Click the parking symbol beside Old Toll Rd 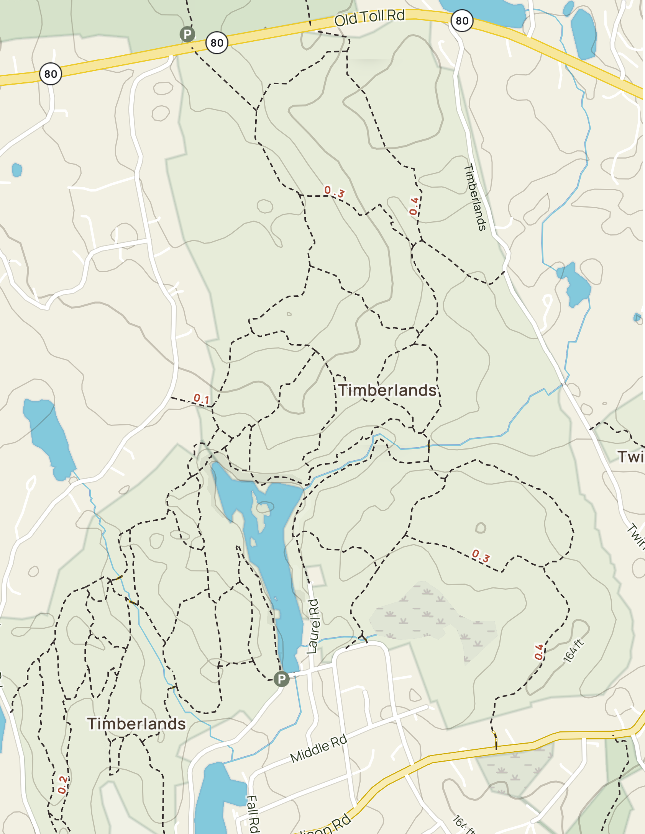[187, 34]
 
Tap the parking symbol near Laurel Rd [281, 679]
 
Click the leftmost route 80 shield [51, 74]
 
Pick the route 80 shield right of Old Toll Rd [462, 21]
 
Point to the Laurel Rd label [313, 626]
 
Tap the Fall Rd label [253, 814]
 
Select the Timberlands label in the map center [387, 391]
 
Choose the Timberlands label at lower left [136, 724]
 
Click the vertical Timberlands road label [475, 197]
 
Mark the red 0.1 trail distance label [201, 399]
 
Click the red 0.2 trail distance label [62, 785]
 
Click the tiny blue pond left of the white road [17, 170]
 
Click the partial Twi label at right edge [631, 457]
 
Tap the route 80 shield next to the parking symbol [217, 43]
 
